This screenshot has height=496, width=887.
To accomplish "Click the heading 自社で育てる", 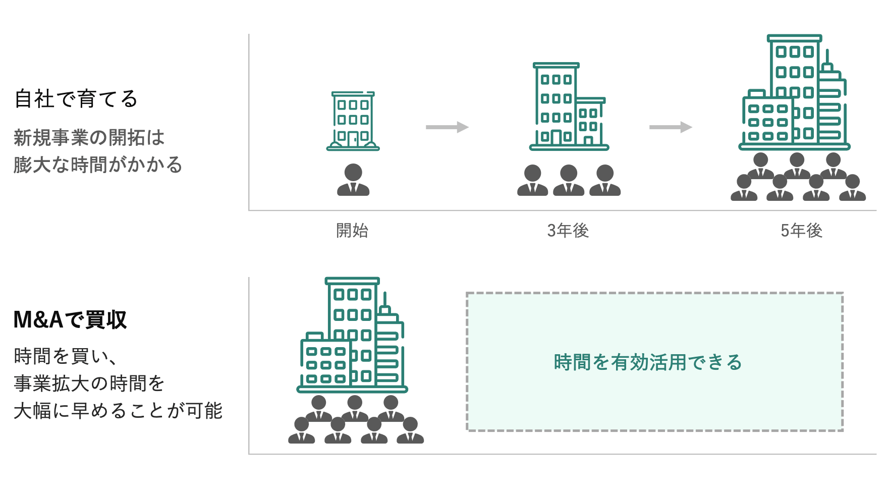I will pos(76,99).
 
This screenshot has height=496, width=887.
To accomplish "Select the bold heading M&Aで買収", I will pos(70,319).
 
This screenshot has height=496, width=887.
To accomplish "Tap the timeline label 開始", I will pos(352,231).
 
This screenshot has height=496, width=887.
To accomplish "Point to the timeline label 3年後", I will pos(568,231).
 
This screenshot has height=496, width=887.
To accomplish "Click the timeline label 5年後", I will pos(801,231).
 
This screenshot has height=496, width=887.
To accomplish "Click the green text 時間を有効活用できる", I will pos(648,362).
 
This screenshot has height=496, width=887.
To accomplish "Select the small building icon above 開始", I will pos(353,121).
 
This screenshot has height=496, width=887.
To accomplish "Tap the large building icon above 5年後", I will pos(794,93).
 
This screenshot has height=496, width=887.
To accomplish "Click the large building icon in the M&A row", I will pos(352,335).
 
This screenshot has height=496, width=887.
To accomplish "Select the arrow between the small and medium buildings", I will pos(447,127).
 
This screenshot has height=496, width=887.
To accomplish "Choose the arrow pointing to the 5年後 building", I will pos(670,127).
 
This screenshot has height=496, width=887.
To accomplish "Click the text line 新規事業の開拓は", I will pos(89,137).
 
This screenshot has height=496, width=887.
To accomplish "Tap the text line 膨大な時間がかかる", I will pos(98,164).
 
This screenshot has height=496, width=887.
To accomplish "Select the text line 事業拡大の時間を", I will pos(89,383).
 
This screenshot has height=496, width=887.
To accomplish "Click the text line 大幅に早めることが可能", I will pos(118,411).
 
